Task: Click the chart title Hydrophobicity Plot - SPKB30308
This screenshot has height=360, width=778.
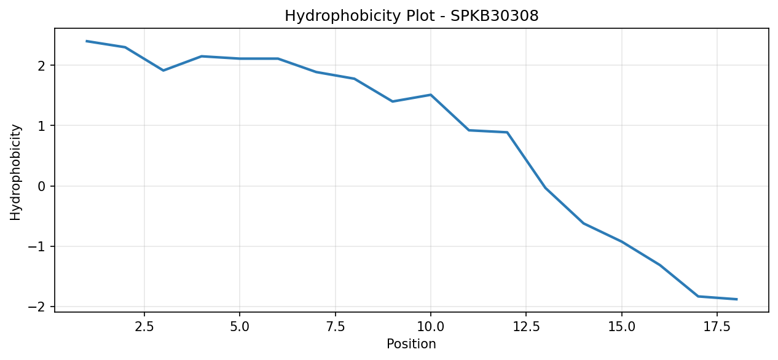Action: (x=412, y=15)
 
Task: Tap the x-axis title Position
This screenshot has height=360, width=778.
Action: (x=411, y=343)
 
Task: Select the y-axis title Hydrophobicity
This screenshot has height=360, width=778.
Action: (x=15, y=172)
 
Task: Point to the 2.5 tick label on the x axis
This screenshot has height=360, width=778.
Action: (x=144, y=327)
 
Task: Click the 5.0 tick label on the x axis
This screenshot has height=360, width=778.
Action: (x=240, y=327)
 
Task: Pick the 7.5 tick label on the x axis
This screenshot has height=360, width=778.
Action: (x=335, y=327)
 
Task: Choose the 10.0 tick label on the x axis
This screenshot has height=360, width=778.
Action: (x=431, y=327)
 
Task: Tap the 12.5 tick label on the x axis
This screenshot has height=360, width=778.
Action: (x=526, y=327)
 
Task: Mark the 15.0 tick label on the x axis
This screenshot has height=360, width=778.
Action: (x=622, y=327)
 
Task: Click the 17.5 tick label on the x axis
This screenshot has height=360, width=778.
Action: (x=717, y=327)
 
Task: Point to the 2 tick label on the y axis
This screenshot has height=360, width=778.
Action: (x=42, y=66)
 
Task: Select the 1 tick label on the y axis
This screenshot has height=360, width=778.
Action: (x=42, y=126)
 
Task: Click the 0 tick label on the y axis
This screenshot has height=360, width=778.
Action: (x=42, y=186)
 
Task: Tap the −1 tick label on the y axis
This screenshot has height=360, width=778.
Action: (x=37, y=246)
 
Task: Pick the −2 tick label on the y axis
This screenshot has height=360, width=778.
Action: (x=37, y=307)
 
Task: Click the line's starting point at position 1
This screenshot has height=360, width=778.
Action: (x=87, y=41)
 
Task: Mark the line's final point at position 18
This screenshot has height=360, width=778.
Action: (x=736, y=299)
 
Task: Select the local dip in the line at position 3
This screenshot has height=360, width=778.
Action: (x=163, y=71)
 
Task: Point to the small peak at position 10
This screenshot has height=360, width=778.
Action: (x=431, y=95)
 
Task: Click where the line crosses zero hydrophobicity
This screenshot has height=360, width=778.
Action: (x=544, y=186)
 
